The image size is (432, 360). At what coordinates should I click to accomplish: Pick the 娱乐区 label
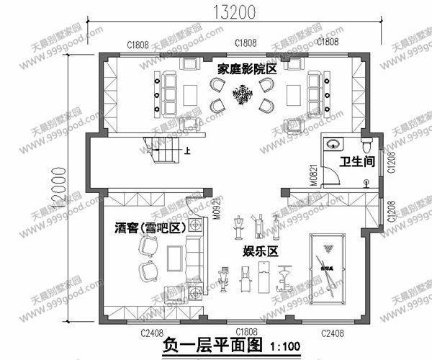(x=260, y=251)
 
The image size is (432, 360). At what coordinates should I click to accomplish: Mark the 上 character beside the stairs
(x=189, y=151)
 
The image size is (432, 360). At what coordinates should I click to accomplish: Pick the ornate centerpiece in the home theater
(x=241, y=94)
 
